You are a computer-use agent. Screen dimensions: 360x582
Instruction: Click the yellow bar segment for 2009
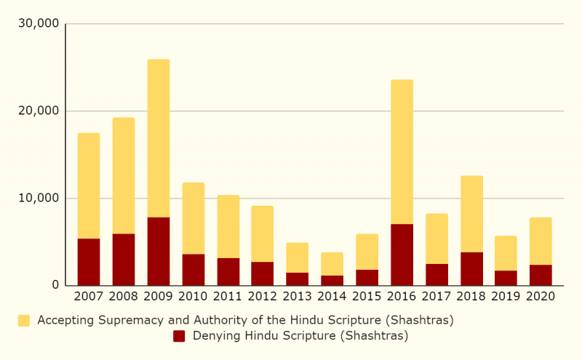point(159,138)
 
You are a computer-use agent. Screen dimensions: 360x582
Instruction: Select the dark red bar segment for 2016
point(402,255)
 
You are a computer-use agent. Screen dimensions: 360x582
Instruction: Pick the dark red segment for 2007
point(89,262)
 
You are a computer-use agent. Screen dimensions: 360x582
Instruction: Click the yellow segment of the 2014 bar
point(332,264)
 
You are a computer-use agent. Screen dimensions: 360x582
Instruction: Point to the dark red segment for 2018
point(471,268)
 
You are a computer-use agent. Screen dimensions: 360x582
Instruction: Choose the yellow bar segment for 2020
point(541,241)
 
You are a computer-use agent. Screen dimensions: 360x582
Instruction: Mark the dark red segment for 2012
point(263,273)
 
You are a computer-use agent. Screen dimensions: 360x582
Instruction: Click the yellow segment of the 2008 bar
point(124,175)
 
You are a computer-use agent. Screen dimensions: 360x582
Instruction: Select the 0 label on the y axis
point(55,285)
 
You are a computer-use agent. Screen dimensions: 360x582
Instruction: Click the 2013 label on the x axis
point(297,296)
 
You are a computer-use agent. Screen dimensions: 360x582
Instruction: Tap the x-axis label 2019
point(506,296)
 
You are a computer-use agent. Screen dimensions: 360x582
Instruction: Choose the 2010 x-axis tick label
point(193,296)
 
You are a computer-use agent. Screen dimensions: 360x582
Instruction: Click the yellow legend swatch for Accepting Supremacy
point(24,321)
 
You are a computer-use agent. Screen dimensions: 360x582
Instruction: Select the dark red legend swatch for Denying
point(179,336)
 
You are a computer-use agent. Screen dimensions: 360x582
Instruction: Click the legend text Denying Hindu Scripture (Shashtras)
point(300,336)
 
